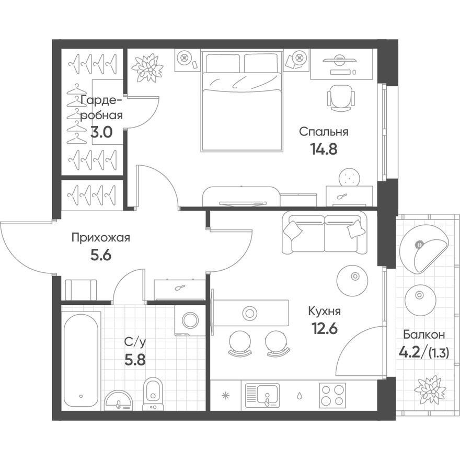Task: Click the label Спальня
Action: tap(324, 132)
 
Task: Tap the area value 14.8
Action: tap(324, 149)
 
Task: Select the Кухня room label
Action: tap(324, 312)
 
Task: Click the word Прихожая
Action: tap(100, 238)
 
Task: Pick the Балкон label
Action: tap(424, 335)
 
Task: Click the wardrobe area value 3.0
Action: tap(101, 132)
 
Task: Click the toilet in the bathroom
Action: tap(153, 392)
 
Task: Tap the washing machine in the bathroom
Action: tap(189, 320)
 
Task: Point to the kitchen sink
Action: tap(262, 395)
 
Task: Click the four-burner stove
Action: tap(332, 394)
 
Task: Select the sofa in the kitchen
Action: tap(324, 233)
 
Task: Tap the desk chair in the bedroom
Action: tap(341, 98)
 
